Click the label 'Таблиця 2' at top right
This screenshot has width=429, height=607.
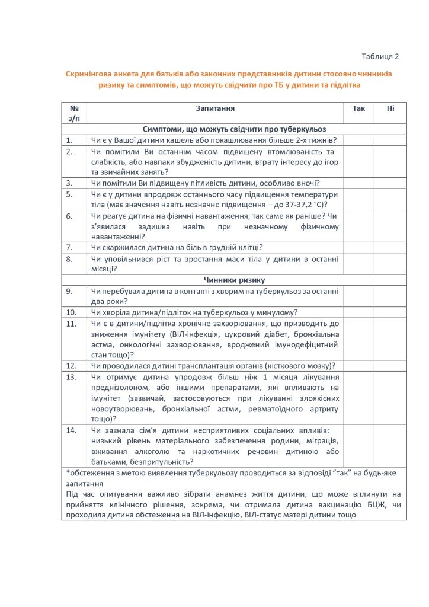(x=380, y=56)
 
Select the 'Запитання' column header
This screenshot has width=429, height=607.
(x=215, y=109)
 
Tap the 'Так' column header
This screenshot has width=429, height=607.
(x=358, y=109)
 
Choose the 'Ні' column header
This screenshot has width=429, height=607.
(x=390, y=109)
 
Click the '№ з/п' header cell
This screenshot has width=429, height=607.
(x=74, y=114)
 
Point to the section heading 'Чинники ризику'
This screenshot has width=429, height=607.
(x=234, y=279)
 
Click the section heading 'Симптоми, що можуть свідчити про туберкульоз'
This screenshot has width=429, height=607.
(x=234, y=129)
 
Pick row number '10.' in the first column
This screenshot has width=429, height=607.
(x=71, y=312)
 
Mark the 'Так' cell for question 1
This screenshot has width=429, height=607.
(x=358, y=140)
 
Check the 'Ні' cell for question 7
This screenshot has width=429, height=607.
(x=390, y=247)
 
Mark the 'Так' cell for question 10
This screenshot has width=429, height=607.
(x=358, y=312)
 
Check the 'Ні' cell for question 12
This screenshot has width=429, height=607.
(x=390, y=365)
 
